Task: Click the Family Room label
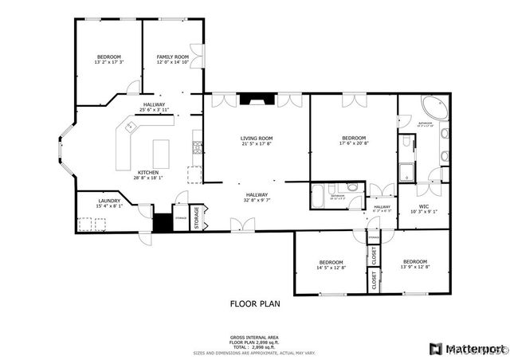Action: pos(172,59)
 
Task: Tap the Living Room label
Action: pos(257,141)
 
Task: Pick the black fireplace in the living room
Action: pos(256,100)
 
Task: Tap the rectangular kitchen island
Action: pos(161,152)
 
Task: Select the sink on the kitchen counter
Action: pos(127,126)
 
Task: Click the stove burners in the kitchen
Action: pos(197,147)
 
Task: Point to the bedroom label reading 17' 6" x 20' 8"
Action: pos(353,141)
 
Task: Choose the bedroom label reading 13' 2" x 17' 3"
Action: pos(109,59)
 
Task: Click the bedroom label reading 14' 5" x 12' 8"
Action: pos(331,265)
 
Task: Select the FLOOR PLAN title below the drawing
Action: pos(255,303)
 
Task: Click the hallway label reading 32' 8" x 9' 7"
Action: pos(257,197)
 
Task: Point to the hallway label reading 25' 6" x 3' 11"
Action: pos(154,108)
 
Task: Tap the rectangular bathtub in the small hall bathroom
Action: pos(318,195)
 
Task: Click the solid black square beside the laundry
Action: pos(163,223)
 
